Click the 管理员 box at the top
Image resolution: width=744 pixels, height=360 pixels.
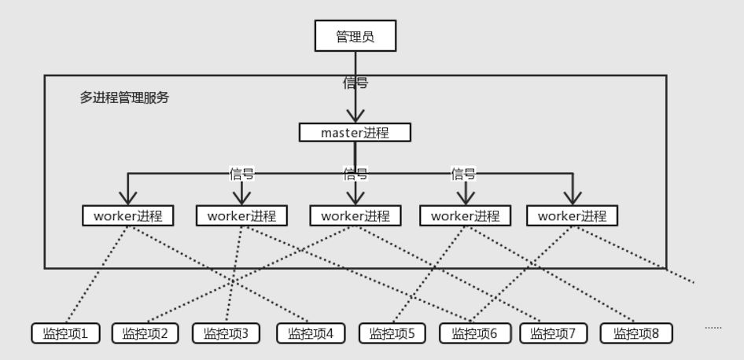pyautogui.click(x=355, y=36)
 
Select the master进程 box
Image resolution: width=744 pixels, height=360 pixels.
pyautogui.click(x=355, y=132)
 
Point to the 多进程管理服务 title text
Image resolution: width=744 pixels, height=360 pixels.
pyautogui.click(x=124, y=98)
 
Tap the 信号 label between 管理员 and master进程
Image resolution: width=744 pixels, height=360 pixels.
pyautogui.click(x=355, y=83)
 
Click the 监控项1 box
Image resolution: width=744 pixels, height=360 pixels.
pyautogui.click(x=65, y=333)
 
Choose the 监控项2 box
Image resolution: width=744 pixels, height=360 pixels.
pyautogui.click(x=145, y=333)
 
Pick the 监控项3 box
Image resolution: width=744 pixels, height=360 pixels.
pyautogui.click(x=226, y=333)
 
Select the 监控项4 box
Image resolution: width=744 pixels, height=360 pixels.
pyautogui.click(x=311, y=333)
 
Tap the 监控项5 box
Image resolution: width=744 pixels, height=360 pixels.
pyautogui.click(x=392, y=333)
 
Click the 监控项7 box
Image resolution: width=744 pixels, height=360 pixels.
pyautogui.click(x=553, y=333)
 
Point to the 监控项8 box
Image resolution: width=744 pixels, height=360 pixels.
pyautogui.click(x=636, y=333)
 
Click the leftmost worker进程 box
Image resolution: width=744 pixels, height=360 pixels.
pyautogui.click(x=127, y=215)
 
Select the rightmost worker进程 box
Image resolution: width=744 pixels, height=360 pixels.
pyautogui.click(x=572, y=215)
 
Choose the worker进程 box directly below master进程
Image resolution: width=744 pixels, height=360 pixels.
pyautogui.click(x=355, y=215)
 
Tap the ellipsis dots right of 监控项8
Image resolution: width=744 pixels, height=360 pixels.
pyautogui.click(x=713, y=326)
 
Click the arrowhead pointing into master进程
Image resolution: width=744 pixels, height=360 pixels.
pyautogui.click(x=355, y=116)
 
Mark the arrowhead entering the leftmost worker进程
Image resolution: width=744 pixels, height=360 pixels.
pyautogui.click(x=127, y=197)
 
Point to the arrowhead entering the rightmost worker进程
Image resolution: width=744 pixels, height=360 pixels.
pyautogui.click(x=572, y=197)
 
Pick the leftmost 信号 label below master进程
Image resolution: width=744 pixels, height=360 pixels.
pyautogui.click(x=241, y=174)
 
